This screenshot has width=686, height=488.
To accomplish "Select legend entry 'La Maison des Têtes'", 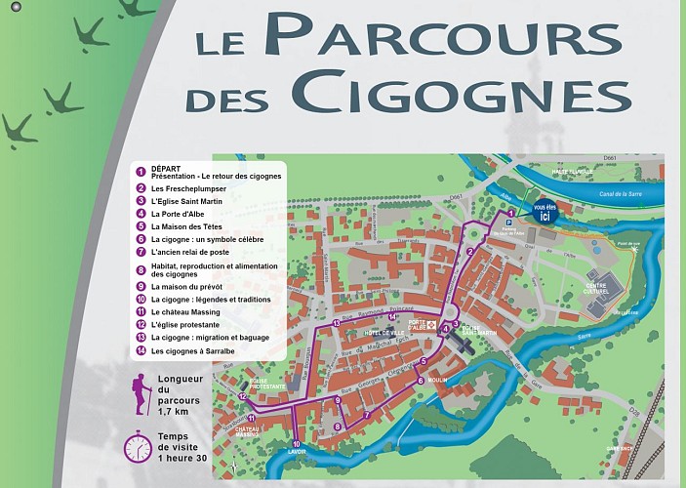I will pos(182,225).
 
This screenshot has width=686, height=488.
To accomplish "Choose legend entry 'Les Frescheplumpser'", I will pos(187,187).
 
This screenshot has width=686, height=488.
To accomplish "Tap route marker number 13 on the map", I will pos(336,323).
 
